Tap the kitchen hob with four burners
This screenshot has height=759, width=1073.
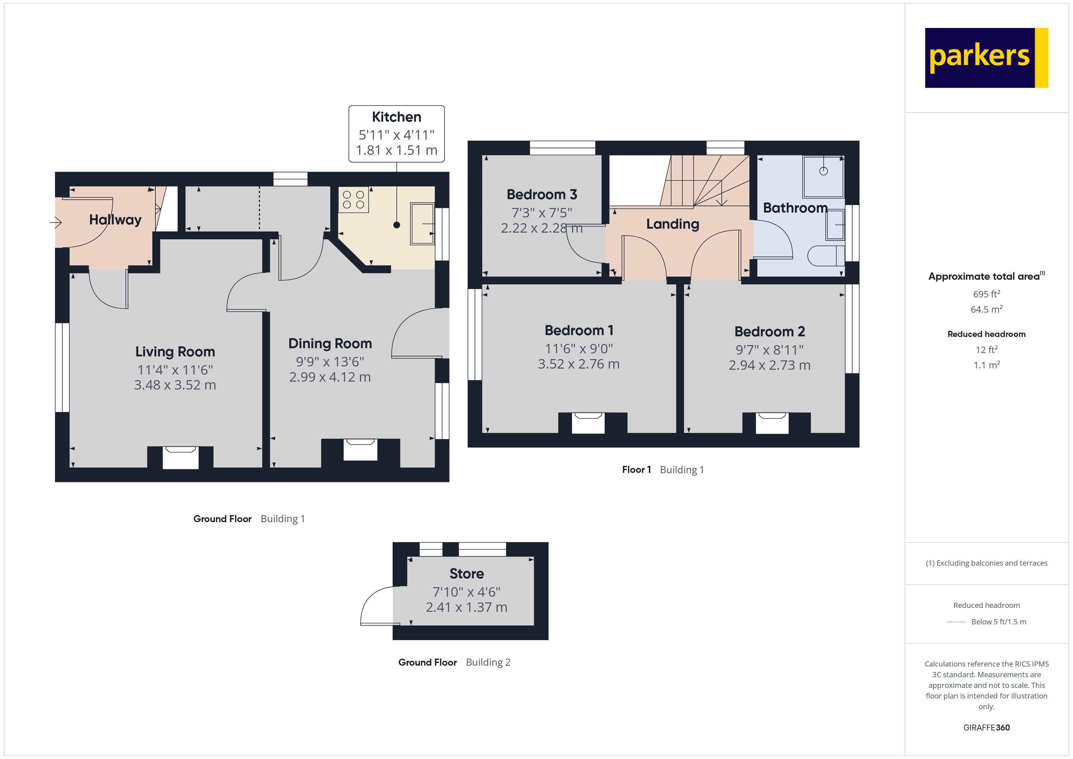pyautogui.click(x=353, y=200)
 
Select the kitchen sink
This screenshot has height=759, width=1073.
pyautogui.click(x=422, y=224)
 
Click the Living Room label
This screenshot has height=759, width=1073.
pyautogui.click(x=175, y=352)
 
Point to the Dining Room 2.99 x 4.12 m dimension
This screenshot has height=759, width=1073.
pyautogui.click(x=330, y=377)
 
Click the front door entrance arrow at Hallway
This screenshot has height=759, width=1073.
pyautogui.click(x=56, y=223)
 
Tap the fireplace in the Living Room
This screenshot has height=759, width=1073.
pyautogui.click(x=180, y=457)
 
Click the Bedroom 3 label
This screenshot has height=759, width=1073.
pyautogui.click(x=542, y=194)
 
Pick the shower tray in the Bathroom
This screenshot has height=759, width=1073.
pyautogui.click(x=823, y=176)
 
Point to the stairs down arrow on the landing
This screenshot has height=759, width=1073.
pyautogui.click(x=721, y=201)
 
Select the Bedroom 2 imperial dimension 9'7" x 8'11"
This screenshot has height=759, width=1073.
pyautogui.click(x=769, y=350)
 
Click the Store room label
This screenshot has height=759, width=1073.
pyautogui.click(x=467, y=574)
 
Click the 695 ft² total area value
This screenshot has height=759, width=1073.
pyautogui.click(x=986, y=294)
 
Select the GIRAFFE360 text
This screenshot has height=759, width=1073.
pyautogui.click(x=986, y=728)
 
